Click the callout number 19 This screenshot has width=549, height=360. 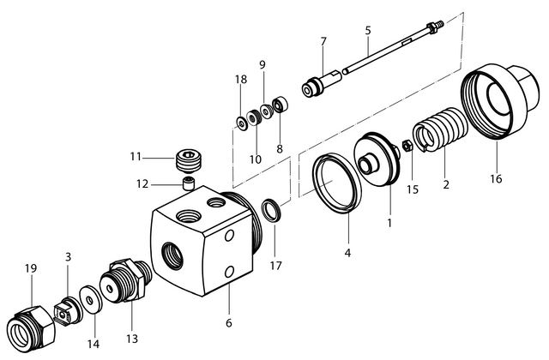(x=30, y=268)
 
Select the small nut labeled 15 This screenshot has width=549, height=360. (x=409, y=147)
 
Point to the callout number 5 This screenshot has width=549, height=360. (x=367, y=30)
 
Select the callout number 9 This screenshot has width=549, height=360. (x=262, y=64)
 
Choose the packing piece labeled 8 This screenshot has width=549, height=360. (x=279, y=108)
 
